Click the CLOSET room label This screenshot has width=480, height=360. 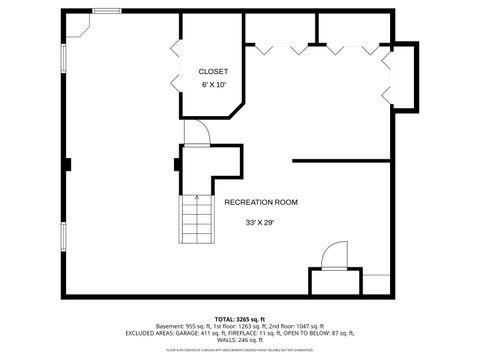point(213,72)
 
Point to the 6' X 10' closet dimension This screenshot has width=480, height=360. point(213,85)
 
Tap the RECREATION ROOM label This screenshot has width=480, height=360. point(260,202)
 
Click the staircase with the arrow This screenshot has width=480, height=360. point(195,219)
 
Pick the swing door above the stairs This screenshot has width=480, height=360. point(196,133)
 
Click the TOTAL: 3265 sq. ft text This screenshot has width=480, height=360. point(240,318)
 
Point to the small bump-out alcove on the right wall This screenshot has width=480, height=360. point(402,75)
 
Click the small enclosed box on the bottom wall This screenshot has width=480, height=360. point(334,281)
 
